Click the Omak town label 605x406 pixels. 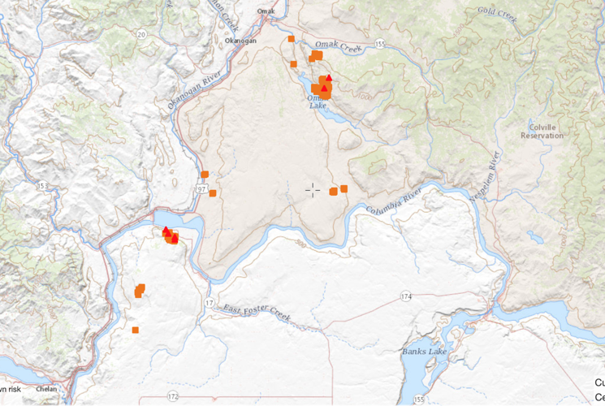click(266, 11)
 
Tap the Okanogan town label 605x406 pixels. click(240, 40)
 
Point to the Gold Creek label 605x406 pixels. click(498, 14)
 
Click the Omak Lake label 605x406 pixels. click(318, 101)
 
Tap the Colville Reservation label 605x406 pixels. click(542, 131)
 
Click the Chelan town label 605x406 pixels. click(46, 389)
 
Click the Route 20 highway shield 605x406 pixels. click(141, 34)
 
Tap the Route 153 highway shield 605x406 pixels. click(42, 187)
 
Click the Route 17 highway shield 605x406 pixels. click(210, 303)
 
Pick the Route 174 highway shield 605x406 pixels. click(406, 296)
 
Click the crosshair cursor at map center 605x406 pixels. click(313, 189)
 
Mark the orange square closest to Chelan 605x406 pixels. click(136, 330)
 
